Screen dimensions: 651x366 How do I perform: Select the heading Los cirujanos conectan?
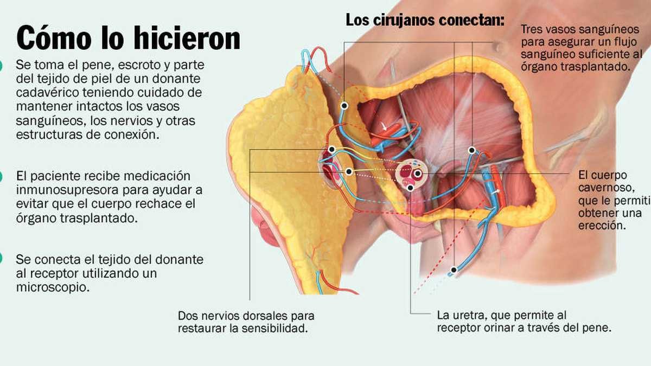click(x=425, y=21)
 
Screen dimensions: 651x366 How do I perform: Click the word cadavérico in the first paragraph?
click(x=48, y=93)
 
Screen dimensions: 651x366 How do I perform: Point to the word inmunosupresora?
click(x=67, y=190)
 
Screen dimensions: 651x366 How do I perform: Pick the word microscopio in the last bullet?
click(x=53, y=287)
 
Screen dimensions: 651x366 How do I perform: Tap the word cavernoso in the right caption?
click(x=607, y=188)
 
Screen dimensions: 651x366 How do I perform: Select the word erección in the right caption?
click(x=602, y=226)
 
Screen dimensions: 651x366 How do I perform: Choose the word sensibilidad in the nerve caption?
click(x=275, y=329)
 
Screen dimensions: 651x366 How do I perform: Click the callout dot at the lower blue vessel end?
click(x=454, y=270)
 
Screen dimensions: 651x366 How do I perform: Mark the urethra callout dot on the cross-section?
click(x=410, y=188)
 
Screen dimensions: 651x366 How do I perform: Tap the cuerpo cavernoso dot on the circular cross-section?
click(x=418, y=174)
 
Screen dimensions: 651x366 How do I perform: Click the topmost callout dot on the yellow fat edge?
click(x=344, y=105)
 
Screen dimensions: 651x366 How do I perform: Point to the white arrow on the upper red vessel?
click(x=384, y=126)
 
